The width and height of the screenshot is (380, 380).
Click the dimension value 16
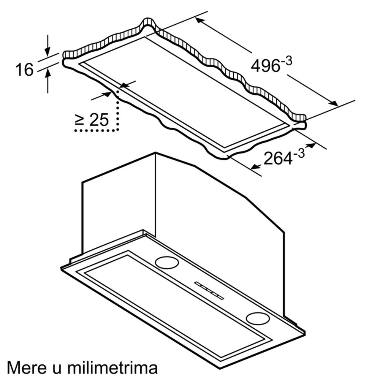pyautogui.click(x=24, y=70)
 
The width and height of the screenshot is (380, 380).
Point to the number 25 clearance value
pyautogui.click(x=99, y=120)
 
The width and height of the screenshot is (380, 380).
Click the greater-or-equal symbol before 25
pyautogui.click(x=79, y=120)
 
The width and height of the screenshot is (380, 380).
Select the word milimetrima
pyautogui.click(x=112, y=367)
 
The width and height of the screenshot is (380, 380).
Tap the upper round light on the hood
pyautogui.click(x=167, y=263)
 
